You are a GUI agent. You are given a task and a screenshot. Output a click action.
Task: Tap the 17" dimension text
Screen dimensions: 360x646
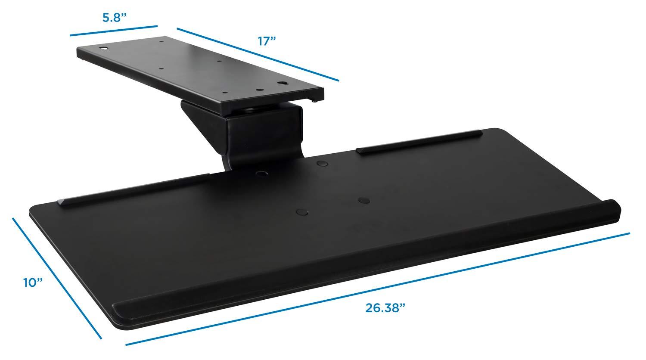[x=267, y=41]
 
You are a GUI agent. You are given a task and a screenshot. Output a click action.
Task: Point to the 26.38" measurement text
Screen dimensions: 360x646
[x=386, y=307]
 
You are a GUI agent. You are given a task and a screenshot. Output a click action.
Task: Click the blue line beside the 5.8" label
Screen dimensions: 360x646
[x=114, y=31]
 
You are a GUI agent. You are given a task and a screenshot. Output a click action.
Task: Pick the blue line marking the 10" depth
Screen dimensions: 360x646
[x=57, y=278]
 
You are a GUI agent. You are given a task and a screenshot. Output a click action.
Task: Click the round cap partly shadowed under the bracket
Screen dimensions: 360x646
[x=261, y=173]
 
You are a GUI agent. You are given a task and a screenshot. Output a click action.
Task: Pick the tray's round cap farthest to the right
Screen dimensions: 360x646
[x=364, y=200]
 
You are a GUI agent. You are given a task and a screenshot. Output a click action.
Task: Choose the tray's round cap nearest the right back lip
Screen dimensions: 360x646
[x=321, y=164]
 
